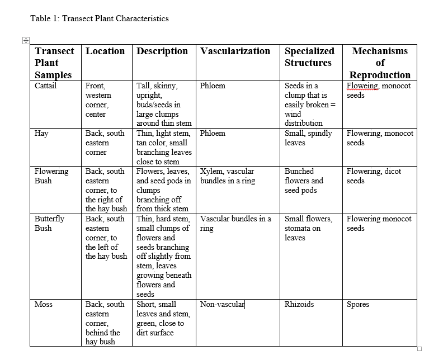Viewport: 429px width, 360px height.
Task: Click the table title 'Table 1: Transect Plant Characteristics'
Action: (100, 18)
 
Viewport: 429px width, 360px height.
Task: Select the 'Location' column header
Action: (105, 51)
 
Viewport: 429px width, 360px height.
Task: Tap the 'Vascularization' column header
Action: (235, 51)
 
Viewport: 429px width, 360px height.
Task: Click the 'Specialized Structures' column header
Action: (309, 56)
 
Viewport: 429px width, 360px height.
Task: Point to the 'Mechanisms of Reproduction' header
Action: (380, 63)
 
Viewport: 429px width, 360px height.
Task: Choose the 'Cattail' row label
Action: (46, 86)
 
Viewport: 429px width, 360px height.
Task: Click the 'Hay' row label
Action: (41, 134)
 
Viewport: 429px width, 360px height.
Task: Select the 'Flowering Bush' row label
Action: (51, 176)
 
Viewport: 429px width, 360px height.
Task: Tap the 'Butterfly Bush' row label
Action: (50, 224)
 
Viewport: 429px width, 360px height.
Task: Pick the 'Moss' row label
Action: (44, 305)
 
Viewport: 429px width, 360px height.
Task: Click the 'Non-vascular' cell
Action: (222, 305)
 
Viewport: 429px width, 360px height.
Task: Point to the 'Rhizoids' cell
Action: (299, 305)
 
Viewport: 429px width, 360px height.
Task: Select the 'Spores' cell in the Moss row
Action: (358, 305)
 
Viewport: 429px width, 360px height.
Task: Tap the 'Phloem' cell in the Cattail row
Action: (213, 86)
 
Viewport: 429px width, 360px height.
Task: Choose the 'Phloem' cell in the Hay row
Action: (213, 134)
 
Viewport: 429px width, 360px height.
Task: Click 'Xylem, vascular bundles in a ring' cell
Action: (227, 176)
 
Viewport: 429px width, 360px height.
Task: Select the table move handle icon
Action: (26, 40)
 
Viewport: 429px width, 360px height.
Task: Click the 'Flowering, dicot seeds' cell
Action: (374, 176)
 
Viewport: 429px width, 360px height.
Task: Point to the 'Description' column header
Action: (162, 51)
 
